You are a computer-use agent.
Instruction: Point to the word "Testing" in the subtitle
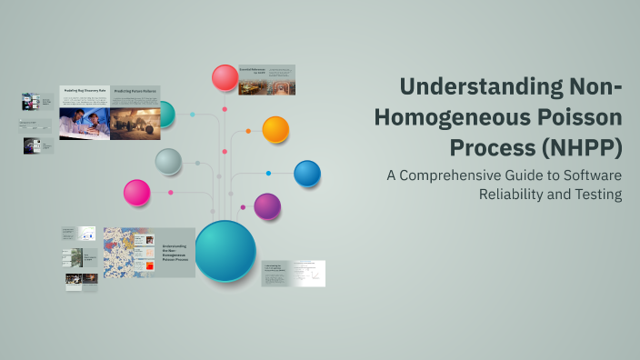point(595,194)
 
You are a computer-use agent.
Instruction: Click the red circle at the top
point(225,77)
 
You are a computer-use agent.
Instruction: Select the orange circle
point(275,129)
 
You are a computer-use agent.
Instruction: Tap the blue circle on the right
point(307,173)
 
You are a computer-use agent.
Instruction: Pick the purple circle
point(267,206)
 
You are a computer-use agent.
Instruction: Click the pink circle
point(136,193)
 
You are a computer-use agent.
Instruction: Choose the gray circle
point(168,162)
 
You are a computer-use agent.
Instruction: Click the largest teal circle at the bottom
point(225,251)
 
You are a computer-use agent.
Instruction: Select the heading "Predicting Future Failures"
point(134,92)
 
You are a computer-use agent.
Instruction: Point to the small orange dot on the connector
point(246,131)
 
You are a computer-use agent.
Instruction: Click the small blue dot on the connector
point(268,173)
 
